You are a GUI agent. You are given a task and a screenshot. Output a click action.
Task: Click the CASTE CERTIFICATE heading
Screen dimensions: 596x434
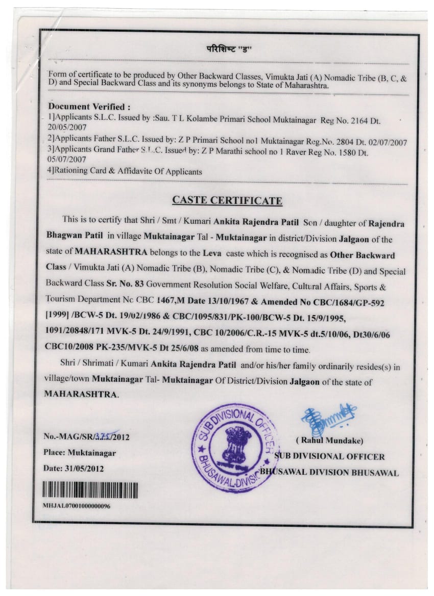pyautogui.click(x=227, y=200)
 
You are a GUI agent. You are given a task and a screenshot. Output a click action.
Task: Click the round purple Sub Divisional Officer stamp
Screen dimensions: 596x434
pyautogui.click(x=232, y=448)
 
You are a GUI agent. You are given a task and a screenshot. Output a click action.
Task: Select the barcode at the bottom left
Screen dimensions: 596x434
pyautogui.click(x=90, y=490)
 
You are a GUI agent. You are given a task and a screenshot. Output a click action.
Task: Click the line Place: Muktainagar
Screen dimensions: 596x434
pyautogui.click(x=80, y=453)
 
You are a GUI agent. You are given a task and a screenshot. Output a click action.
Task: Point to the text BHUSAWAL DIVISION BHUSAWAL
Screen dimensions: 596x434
pyautogui.click(x=329, y=473)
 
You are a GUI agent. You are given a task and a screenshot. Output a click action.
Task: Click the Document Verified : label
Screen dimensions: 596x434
pyautogui.click(x=89, y=107)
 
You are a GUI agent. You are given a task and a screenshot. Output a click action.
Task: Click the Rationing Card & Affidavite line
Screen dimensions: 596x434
pyautogui.click(x=125, y=172)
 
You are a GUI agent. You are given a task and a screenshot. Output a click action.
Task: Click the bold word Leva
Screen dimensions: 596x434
pyautogui.click(x=212, y=253)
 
